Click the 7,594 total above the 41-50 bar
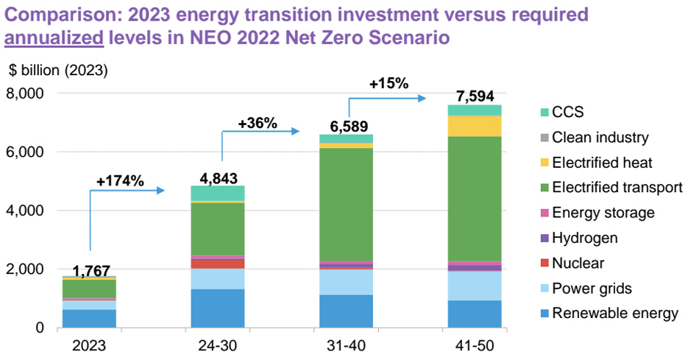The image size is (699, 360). point(475,96)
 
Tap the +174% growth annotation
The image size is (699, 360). point(120,180)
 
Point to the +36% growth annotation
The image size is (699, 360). point(258,123)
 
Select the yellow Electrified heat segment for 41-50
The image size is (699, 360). point(475,126)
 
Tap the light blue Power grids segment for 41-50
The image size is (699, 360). point(475,286)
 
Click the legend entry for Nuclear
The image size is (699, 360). point(578,263)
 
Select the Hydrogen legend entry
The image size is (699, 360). point(584,238)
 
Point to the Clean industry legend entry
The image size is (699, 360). point(600,137)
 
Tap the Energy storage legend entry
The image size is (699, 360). point(603,213)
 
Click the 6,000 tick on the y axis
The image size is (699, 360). point(27,152)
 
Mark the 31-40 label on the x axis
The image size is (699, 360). point(346,345)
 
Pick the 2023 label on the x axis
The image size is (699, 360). point(89,345)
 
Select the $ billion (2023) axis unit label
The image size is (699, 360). point(58,71)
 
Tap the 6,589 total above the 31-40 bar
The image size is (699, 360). point(346,126)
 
